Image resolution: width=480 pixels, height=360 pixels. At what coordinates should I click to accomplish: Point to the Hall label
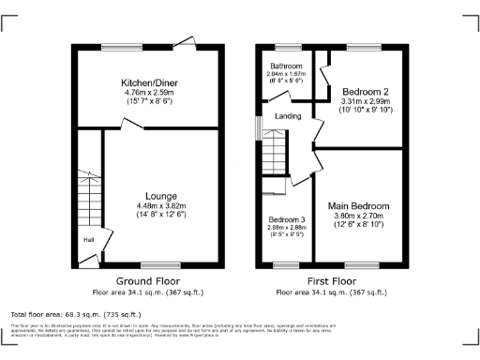pos(87,239)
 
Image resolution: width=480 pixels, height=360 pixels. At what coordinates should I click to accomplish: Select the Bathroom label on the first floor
pos(286,67)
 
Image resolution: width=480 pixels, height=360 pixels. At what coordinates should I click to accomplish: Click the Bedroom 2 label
pos(359,90)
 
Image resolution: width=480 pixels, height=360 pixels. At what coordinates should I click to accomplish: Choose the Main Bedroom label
pos(359,203)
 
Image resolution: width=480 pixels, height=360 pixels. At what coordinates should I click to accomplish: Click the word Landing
pos(287,116)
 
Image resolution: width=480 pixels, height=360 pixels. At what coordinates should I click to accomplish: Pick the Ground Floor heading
pos(147,280)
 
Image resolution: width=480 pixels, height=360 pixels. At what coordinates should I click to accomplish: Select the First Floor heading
pos(331,280)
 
